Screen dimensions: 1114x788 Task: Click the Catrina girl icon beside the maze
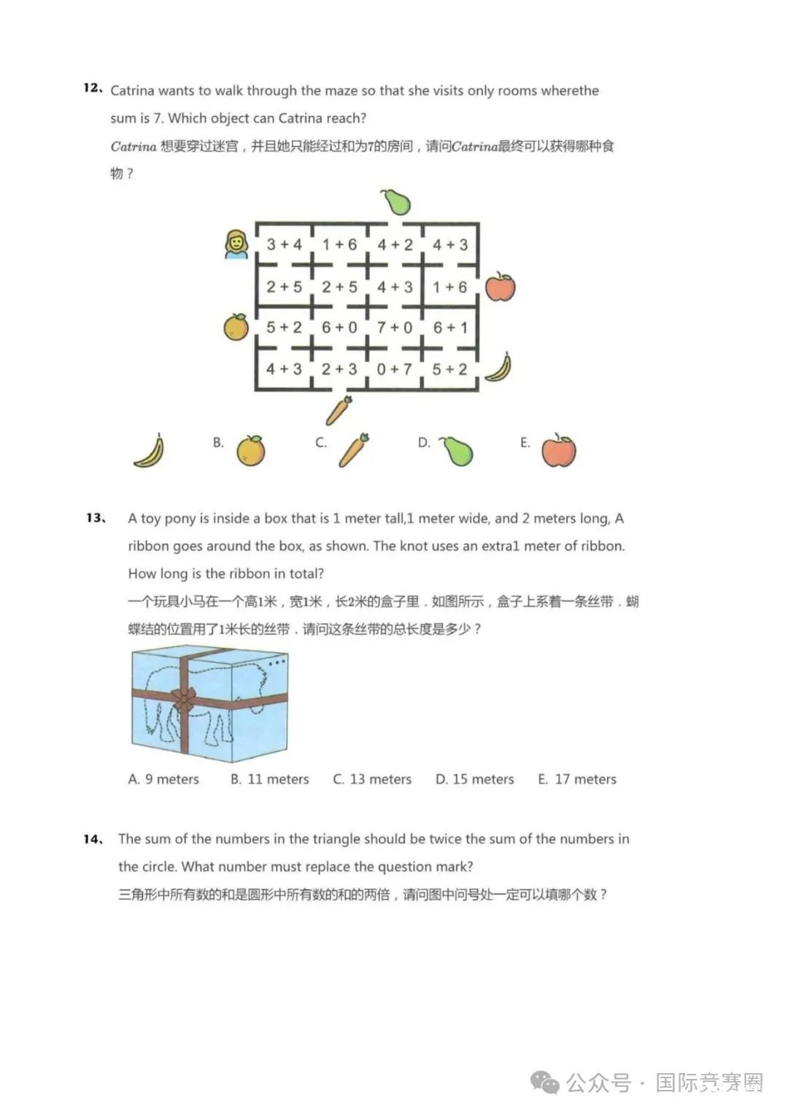(x=236, y=244)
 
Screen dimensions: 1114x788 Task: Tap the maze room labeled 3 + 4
(x=284, y=244)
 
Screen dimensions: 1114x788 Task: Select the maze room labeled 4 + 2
(x=395, y=244)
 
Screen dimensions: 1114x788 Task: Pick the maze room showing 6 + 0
(x=339, y=328)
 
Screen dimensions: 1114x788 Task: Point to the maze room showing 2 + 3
(x=339, y=369)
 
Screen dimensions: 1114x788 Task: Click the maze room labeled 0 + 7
(x=395, y=369)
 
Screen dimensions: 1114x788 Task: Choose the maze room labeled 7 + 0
(x=395, y=328)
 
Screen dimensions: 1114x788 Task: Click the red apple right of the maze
(x=500, y=287)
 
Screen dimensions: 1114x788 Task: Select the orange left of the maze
(x=236, y=326)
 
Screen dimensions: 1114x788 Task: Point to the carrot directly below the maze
(x=339, y=411)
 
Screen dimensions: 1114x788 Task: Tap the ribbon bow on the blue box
(x=183, y=699)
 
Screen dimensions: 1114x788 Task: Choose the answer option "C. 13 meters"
(x=372, y=779)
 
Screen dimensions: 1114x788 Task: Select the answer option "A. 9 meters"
(x=163, y=779)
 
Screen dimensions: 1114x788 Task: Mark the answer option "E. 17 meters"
(x=577, y=779)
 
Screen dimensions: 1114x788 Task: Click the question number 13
(x=96, y=518)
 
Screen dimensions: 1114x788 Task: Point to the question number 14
(x=93, y=839)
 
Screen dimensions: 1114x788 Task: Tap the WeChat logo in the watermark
(x=545, y=1083)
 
